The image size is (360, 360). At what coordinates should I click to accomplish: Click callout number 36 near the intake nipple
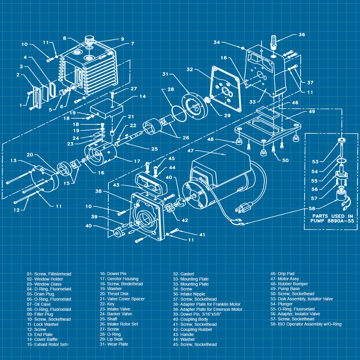(x=302, y=34)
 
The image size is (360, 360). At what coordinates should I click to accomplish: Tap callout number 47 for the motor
(x=191, y=151)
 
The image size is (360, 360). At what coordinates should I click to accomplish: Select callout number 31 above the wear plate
(x=165, y=74)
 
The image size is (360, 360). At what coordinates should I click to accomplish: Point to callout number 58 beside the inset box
(x=312, y=208)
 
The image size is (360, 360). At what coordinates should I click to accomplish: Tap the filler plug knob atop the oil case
(x=89, y=39)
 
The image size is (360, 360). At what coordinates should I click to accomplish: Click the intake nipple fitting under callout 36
(x=273, y=42)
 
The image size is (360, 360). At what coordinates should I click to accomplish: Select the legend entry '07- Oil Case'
(x=39, y=304)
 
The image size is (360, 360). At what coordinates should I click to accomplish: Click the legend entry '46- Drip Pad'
(x=282, y=274)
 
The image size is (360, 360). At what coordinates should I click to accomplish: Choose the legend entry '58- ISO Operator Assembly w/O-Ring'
(x=306, y=324)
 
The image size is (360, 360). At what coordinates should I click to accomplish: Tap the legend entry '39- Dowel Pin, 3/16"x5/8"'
(x=197, y=314)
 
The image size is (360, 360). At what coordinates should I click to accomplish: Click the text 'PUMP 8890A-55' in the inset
(x=332, y=221)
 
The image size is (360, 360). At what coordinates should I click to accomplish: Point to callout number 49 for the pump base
(x=312, y=112)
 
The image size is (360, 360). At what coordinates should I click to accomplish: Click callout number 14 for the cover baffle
(x=142, y=96)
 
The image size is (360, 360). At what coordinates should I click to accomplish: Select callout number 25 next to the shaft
(x=154, y=149)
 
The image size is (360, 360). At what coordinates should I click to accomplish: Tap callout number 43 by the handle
(x=116, y=185)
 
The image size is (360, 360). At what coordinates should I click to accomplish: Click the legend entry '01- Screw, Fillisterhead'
(x=49, y=274)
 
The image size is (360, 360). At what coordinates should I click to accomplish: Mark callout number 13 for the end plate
(x=13, y=160)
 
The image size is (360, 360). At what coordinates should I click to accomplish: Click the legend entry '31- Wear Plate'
(x=114, y=344)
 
